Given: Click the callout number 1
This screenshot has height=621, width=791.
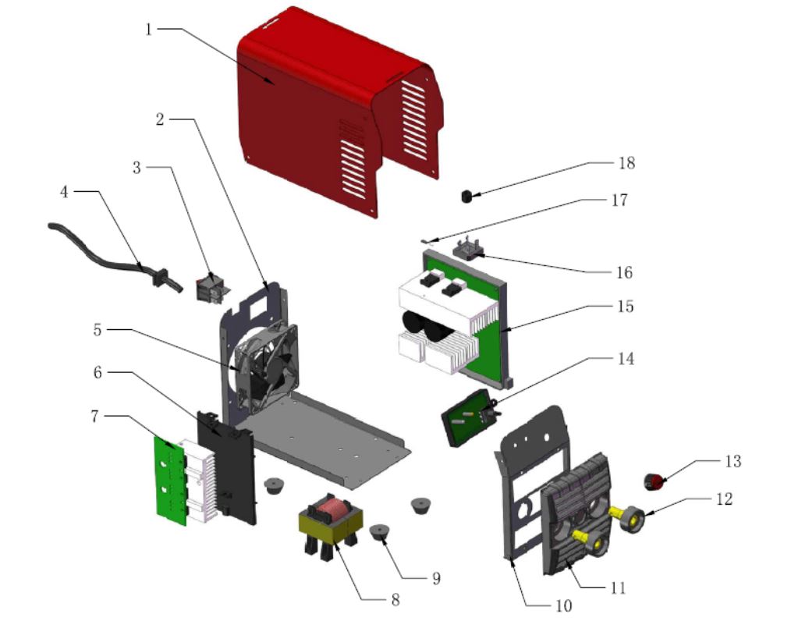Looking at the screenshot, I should click(x=149, y=30).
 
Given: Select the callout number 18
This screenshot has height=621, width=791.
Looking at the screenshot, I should click(x=626, y=163).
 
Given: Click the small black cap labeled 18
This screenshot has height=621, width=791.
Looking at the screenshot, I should click(x=468, y=195).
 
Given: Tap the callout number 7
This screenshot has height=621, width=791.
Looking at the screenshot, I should click(x=94, y=417).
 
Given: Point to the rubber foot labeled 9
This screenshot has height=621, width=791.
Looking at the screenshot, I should click(x=379, y=533).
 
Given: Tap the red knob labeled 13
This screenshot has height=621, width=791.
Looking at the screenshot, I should click(x=654, y=481).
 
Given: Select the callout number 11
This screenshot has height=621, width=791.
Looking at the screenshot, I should click(x=619, y=587).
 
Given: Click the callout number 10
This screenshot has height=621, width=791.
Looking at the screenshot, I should click(x=562, y=605).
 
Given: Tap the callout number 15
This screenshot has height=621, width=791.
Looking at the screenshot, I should click(x=626, y=307).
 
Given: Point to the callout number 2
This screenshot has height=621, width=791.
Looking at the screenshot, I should click(x=160, y=119).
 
